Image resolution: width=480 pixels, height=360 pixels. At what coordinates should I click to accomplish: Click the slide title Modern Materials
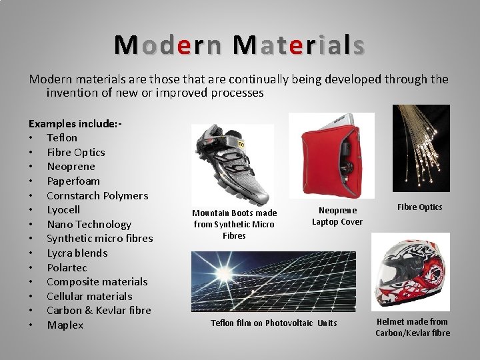click(x=239, y=45)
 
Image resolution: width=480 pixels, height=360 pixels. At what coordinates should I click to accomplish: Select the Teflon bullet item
click(x=62, y=138)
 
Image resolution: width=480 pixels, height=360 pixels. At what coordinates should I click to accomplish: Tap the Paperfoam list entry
click(x=73, y=181)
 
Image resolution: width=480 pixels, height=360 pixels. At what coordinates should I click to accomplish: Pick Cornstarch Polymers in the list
click(x=97, y=195)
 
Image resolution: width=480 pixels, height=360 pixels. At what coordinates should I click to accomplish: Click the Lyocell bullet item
click(x=65, y=209)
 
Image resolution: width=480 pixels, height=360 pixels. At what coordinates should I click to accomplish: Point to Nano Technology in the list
click(x=89, y=224)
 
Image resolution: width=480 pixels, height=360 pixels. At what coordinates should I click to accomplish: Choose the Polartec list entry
click(x=67, y=267)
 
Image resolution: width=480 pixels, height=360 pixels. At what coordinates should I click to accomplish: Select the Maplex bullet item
click(x=65, y=325)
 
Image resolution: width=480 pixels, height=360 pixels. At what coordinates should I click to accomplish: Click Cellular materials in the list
click(x=89, y=296)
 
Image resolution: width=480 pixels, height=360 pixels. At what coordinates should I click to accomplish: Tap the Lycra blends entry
click(x=77, y=253)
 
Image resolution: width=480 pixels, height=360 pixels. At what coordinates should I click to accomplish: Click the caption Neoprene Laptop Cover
click(x=337, y=216)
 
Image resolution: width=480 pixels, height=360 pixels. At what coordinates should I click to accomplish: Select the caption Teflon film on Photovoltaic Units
click(x=274, y=323)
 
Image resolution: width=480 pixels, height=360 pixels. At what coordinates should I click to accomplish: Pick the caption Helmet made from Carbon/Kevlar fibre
click(x=413, y=327)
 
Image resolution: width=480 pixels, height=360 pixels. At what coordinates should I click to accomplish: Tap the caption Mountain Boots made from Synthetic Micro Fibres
click(x=234, y=224)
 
